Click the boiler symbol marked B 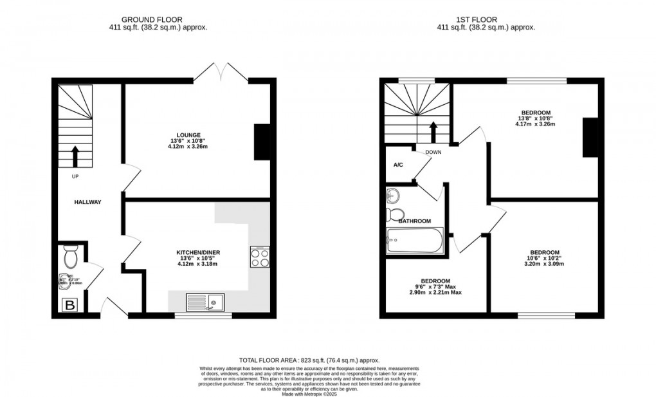(68, 305)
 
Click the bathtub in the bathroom (414, 241)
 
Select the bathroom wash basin (394, 196)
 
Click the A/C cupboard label (398, 165)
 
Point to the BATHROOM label (414, 221)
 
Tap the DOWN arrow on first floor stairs (433, 131)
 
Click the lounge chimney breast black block (262, 142)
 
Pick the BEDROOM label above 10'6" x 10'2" (544, 252)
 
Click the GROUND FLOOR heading (158, 20)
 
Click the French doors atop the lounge (221, 72)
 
